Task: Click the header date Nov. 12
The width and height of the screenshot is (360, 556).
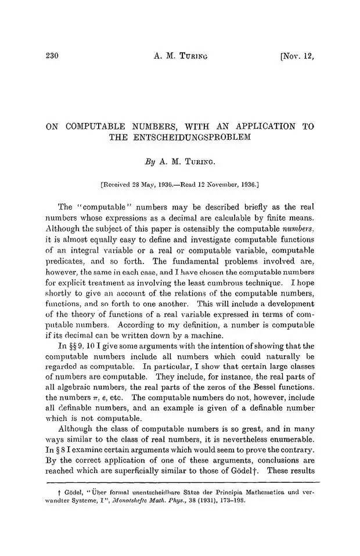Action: tap(297, 56)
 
